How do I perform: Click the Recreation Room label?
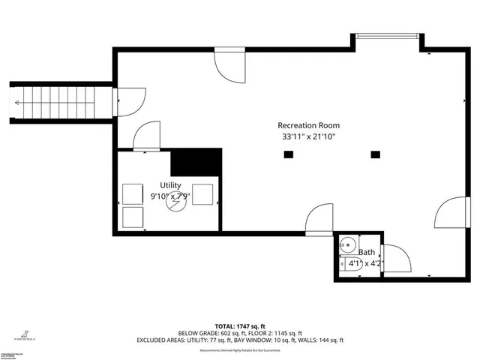(308, 125)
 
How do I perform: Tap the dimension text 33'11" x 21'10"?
(308, 137)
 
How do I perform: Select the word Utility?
(170, 185)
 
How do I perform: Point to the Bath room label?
(366, 253)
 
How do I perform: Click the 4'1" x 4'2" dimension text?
(366, 263)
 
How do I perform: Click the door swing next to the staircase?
(129, 100)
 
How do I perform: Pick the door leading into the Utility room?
(145, 136)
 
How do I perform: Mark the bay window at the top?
(387, 34)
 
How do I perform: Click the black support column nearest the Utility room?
(288, 155)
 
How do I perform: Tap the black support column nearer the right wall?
(376, 155)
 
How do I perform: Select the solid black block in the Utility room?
(197, 161)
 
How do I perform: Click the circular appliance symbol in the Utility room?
(175, 203)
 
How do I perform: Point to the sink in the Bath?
(346, 245)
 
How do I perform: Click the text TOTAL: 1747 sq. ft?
(240, 326)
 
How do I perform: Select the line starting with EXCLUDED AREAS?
(240, 340)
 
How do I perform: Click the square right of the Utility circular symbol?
(203, 194)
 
